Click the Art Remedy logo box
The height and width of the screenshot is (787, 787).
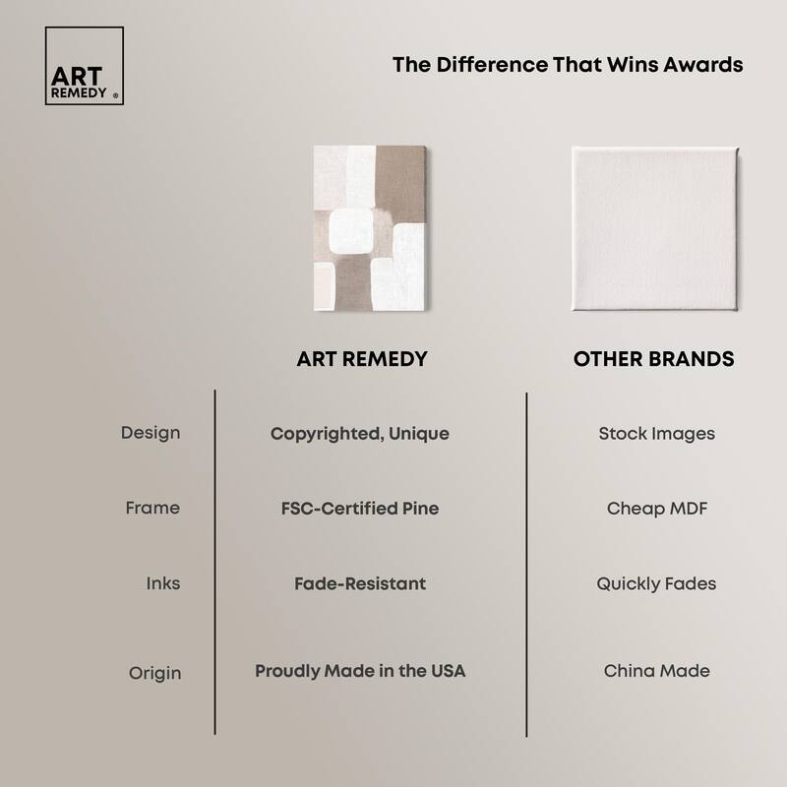click(x=85, y=66)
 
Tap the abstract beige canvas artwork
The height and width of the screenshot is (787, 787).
click(x=368, y=228)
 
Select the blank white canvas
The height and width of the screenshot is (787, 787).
click(x=654, y=228)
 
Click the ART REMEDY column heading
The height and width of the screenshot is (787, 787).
click(x=362, y=359)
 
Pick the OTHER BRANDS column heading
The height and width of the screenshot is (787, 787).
click(x=653, y=359)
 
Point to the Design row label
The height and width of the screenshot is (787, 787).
click(x=151, y=433)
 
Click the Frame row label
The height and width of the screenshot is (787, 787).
click(x=152, y=509)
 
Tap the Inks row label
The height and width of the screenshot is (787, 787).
click(x=163, y=583)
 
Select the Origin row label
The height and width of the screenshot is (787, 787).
click(x=154, y=673)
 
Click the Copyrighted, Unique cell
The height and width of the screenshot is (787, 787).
click(x=360, y=433)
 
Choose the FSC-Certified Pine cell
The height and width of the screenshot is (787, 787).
click(x=360, y=509)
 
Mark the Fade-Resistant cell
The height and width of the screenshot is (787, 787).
click(x=360, y=583)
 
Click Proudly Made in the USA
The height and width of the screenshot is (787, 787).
click(x=360, y=671)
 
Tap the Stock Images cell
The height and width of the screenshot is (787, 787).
click(x=656, y=433)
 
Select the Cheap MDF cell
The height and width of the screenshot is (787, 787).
click(x=656, y=509)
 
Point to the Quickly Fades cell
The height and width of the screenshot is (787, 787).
click(x=656, y=583)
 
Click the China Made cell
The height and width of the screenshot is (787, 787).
click(x=656, y=671)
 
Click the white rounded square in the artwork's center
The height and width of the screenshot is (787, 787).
click(x=352, y=232)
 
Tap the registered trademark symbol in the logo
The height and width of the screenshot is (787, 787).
click(x=116, y=96)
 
